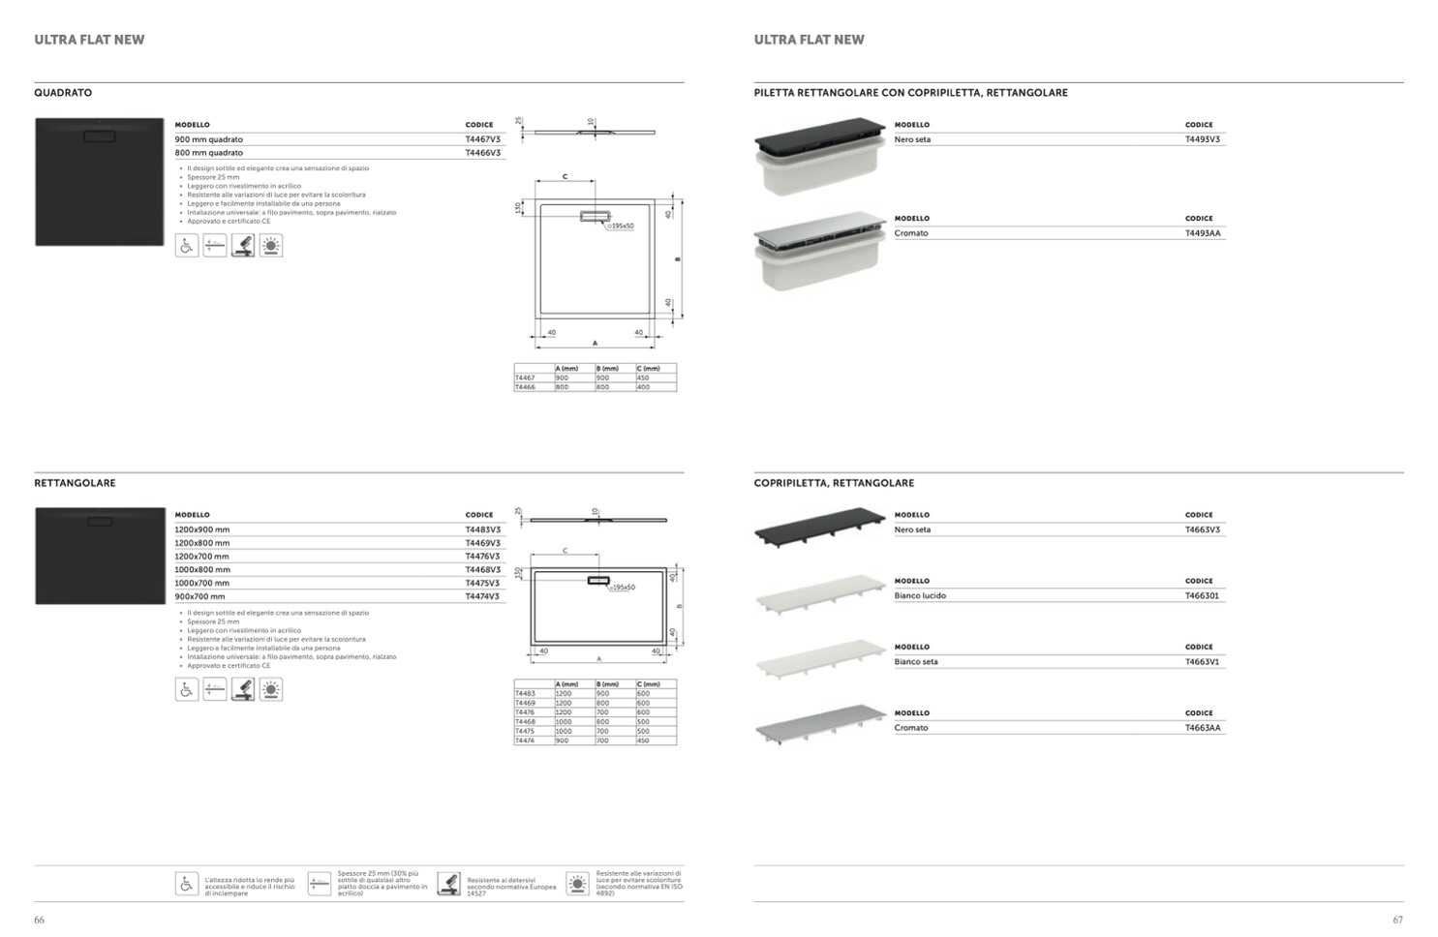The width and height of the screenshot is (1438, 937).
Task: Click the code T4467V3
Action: click(482, 139)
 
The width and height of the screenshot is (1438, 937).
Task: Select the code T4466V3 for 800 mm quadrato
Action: click(482, 153)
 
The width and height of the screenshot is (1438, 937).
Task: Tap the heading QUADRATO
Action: click(63, 93)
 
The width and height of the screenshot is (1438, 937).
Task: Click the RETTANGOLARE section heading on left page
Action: click(75, 483)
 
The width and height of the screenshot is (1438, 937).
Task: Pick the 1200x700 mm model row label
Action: click(201, 557)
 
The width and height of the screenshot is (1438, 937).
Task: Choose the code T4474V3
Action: click(482, 596)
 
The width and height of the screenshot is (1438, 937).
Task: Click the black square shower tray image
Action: click(99, 182)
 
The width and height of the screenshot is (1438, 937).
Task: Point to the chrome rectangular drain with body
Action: click(820, 250)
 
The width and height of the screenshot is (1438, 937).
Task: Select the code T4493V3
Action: click(1203, 139)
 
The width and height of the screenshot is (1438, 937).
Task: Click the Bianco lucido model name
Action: click(920, 596)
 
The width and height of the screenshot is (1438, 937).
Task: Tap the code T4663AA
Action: click(1203, 728)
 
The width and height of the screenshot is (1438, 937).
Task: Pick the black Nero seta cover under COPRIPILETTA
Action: click(820, 526)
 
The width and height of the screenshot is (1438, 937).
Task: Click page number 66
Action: click(39, 920)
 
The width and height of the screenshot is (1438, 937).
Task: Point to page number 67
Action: click(1397, 920)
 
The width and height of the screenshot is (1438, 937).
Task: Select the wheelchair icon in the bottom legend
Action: click(187, 884)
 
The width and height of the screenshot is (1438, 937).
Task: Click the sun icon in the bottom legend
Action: click(577, 884)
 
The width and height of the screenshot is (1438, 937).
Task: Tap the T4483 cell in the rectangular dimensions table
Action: click(525, 693)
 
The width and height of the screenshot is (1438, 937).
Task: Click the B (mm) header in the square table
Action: click(607, 369)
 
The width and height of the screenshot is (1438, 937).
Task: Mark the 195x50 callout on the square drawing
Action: click(621, 227)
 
